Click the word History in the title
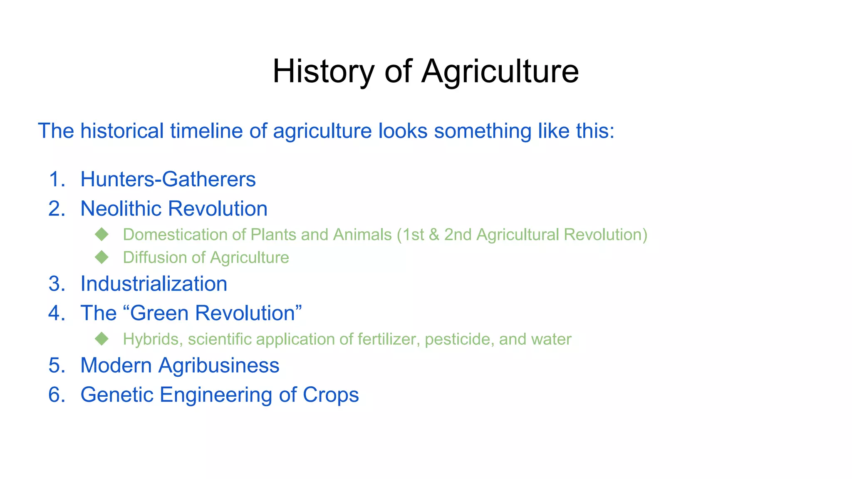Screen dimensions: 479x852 click(x=323, y=72)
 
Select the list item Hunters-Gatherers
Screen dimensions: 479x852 click(x=168, y=179)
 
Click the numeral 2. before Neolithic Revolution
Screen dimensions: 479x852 click(x=57, y=209)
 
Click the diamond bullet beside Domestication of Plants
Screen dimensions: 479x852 click(x=102, y=235)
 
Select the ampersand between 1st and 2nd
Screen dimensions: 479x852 click(x=434, y=235)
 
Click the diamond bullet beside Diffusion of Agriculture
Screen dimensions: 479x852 click(x=102, y=257)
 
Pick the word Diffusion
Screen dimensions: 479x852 click(x=154, y=258)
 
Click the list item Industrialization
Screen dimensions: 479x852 click(x=154, y=284)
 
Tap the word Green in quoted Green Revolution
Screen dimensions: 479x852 click(x=159, y=313)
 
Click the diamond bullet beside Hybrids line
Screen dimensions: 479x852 click(x=102, y=339)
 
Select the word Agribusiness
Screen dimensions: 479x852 click(x=219, y=365)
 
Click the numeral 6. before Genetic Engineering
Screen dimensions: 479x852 click(x=57, y=395)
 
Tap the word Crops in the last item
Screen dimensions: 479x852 click(x=331, y=395)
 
